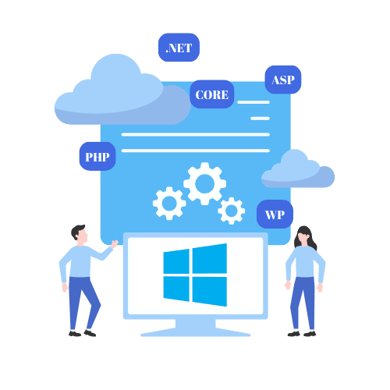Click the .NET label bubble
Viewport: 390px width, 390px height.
click(x=179, y=48)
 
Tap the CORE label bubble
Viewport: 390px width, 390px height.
click(x=211, y=95)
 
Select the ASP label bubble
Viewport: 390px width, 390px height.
click(x=283, y=80)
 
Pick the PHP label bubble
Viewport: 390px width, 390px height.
click(x=97, y=157)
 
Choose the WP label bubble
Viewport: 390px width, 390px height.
click(x=275, y=214)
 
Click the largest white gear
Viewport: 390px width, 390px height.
click(x=204, y=184)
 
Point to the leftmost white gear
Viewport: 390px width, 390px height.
click(x=169, y=204)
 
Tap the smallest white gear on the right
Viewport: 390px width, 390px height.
click(x=231, y=211)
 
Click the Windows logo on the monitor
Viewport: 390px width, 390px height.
click(x=195, y=275)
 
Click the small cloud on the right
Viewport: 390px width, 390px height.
click(x=297, y=171)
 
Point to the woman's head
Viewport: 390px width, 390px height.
click(x=303, y=236)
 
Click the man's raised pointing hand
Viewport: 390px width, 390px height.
click(x=115, y=244)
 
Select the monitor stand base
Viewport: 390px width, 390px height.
click(x=196, y=331)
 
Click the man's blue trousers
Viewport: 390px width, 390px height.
click(x=83, y=300)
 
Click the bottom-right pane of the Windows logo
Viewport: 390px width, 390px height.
click(x=210, y=290)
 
